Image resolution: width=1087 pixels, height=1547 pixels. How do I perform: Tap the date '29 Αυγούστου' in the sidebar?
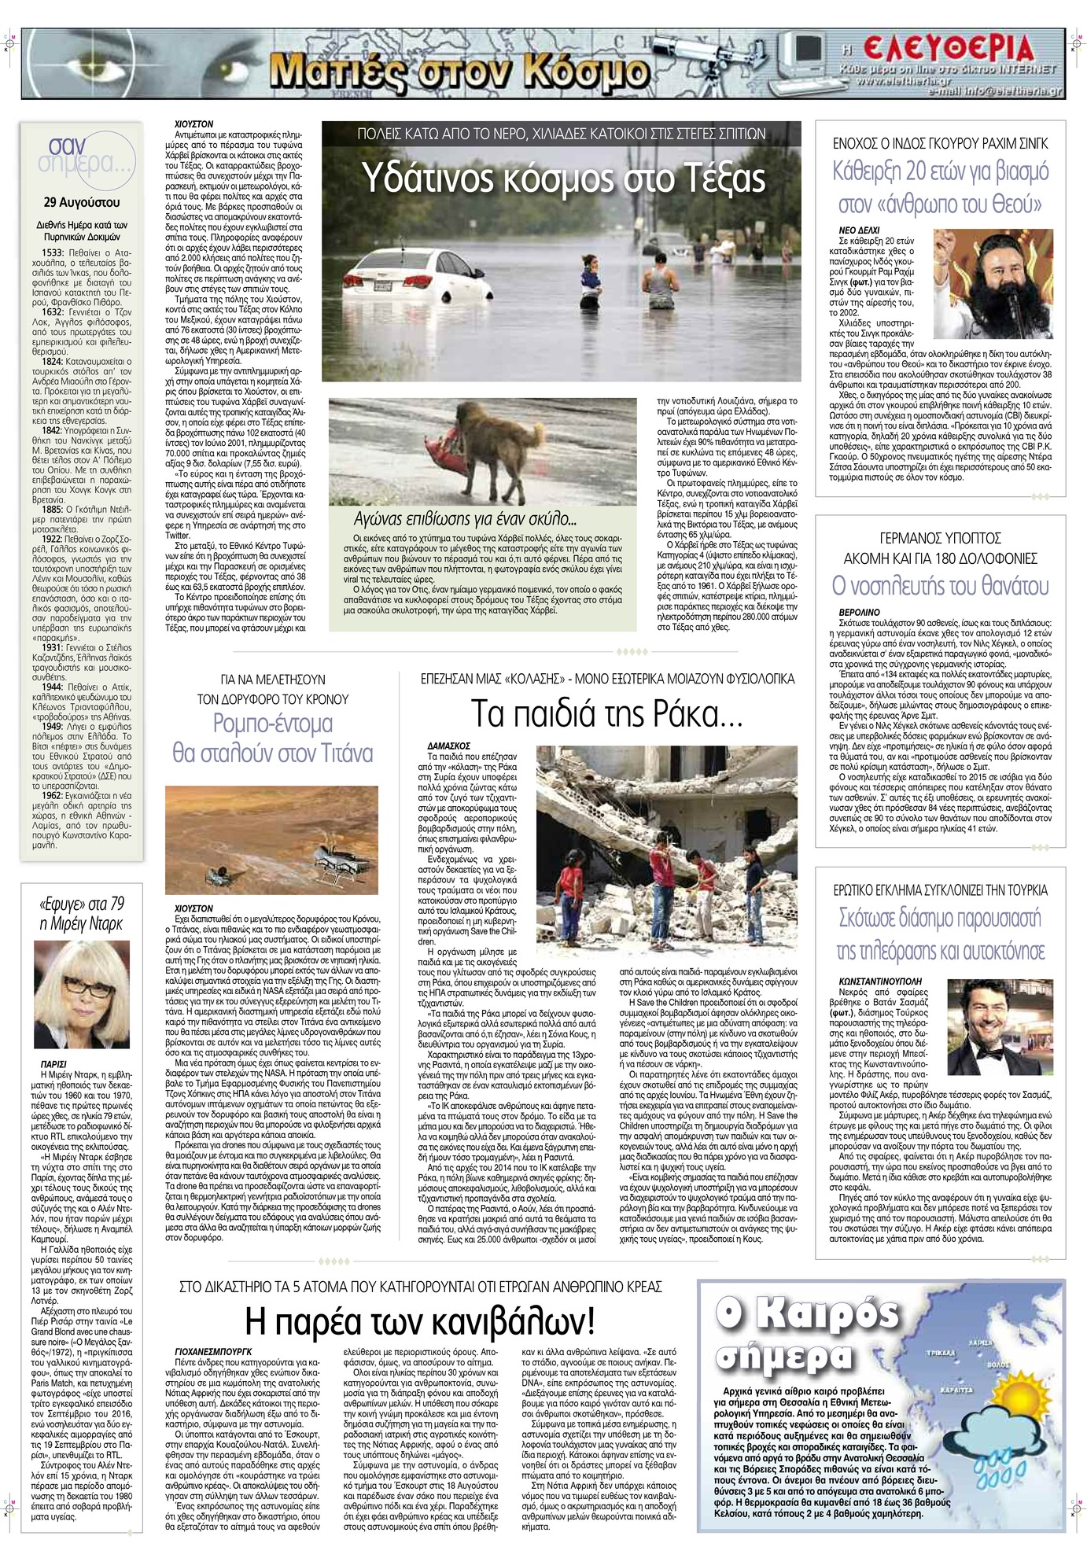pyautogui.click(x=81, y=204)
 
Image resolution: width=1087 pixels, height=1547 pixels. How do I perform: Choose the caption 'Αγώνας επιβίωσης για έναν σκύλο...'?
pyautogui.click(x=465, y=519)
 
